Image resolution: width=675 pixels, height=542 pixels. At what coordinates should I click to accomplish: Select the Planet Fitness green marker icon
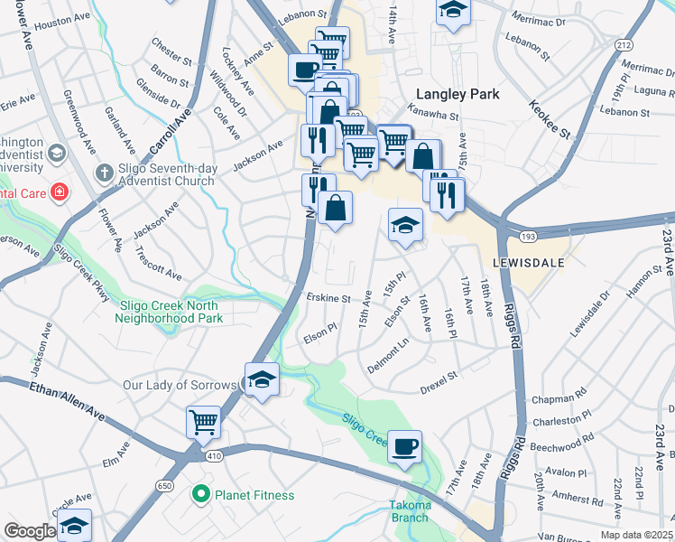click(x=201, y=495)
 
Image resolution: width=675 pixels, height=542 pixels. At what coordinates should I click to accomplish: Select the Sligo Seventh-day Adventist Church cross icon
click(x=105, y=172)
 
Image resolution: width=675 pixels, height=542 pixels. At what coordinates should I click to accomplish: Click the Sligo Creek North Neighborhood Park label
click(x=171, y=313)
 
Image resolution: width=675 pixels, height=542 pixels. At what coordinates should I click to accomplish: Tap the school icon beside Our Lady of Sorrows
click(x=262, y=379)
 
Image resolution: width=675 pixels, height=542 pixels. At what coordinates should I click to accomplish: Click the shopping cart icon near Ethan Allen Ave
click(x=204, y=422)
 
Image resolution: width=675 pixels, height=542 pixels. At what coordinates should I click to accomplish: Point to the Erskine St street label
click(x=327, y=297)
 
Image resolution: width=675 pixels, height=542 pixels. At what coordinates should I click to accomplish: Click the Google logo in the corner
click(x=30, y=531)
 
